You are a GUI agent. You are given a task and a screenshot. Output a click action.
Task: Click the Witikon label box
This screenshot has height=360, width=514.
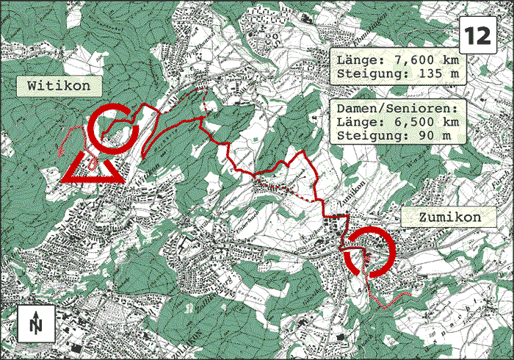pyautogui.click(x=59, y=87)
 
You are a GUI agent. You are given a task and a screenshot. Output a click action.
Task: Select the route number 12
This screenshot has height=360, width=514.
pyautogui.click(x=477, y=35)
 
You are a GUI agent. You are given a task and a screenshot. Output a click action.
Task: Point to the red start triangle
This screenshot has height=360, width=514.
pyautogui.click(x=93, y=168)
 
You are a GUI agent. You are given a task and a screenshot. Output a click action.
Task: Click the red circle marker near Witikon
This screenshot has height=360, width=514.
pyautogui.click(x=113, y=128)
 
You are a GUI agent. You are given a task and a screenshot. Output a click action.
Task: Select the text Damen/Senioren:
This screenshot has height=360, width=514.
pyautogui.click(x=397, y=107)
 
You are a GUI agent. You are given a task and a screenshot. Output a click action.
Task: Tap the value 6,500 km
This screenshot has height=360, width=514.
pyautogui.click(x=419, y=122)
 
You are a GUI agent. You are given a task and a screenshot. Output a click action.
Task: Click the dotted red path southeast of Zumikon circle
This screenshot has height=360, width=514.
pyautogui.click(x=389, y=299)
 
